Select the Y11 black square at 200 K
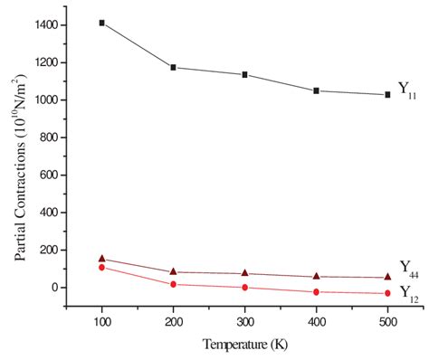pos(173,68)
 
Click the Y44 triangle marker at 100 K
pos(102,259)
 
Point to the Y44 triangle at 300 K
pos(244,273)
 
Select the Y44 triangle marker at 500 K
pos(387,277)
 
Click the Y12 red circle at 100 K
pos(102,268)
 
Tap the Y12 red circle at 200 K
pos(173,285)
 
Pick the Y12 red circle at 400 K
pos(316,292)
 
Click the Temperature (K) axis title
pos(244,345)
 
